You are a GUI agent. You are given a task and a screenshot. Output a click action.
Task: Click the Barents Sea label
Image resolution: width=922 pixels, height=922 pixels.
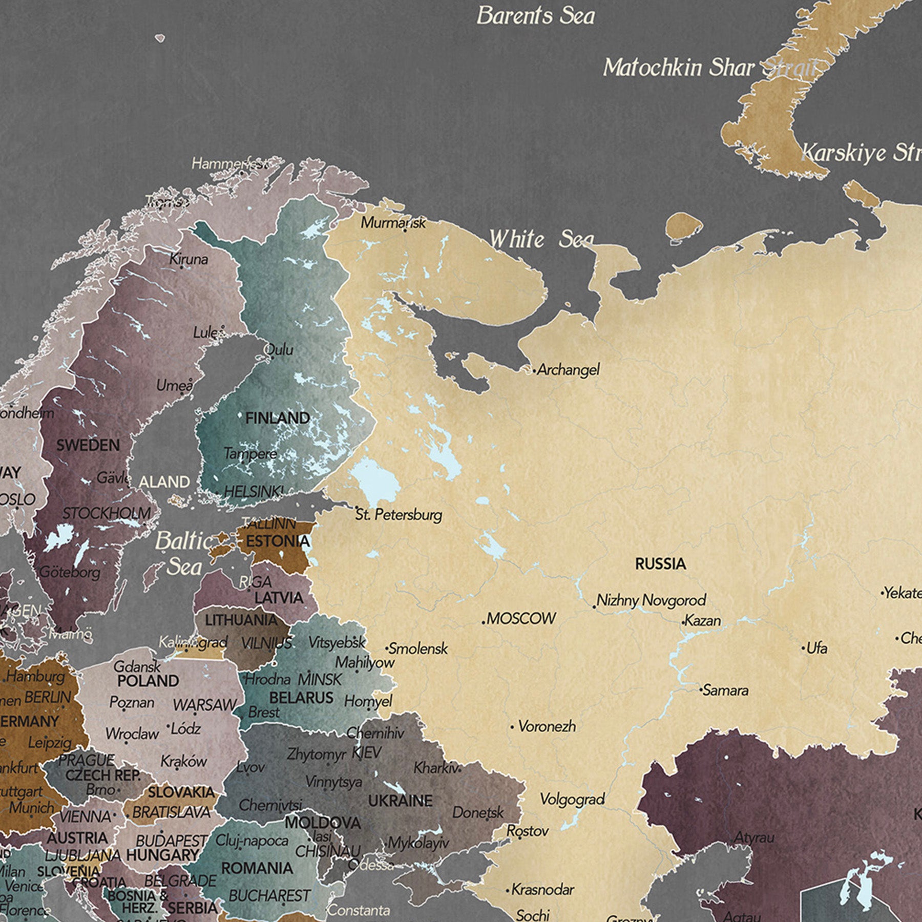point(535,16)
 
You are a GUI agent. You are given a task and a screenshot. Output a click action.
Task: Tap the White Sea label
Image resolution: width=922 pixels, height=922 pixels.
point(541,239)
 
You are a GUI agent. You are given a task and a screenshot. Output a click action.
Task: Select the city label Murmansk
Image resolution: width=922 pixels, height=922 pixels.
point(393,223)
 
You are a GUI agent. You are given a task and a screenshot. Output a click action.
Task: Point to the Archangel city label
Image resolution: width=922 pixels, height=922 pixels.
point(568,369)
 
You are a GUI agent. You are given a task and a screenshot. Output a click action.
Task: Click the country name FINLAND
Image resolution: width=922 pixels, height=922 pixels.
point(277,418)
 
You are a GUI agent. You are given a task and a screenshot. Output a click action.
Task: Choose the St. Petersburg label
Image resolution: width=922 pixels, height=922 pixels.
point(399,515)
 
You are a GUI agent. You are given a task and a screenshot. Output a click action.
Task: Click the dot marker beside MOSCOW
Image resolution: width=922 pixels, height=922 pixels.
point(484,622)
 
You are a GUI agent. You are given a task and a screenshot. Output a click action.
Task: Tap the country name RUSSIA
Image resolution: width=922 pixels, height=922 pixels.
point(660,564)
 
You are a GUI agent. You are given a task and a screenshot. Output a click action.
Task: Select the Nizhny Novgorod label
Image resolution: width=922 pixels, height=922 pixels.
point(651,600)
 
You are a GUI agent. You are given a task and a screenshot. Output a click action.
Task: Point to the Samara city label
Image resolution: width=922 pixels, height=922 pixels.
point(725,690)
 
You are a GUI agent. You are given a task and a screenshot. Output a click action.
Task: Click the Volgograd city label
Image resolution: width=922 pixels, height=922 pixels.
point(572,799)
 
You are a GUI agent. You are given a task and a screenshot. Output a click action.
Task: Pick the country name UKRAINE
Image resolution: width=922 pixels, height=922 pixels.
point(400,801)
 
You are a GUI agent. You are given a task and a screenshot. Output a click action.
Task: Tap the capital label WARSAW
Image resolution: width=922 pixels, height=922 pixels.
point(204,705)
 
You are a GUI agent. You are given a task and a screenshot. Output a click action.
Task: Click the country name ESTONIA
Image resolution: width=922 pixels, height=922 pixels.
point(278,541)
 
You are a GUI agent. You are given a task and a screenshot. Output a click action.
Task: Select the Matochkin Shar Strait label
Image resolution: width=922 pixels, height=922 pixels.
point(708,68)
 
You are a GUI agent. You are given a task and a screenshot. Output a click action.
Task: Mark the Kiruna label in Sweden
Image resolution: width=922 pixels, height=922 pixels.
point(188,259)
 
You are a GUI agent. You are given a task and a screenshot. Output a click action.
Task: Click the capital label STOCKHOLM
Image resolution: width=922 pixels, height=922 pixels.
point(107,513)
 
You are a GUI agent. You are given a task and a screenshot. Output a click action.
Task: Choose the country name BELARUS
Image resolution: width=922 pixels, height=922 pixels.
point(301,698)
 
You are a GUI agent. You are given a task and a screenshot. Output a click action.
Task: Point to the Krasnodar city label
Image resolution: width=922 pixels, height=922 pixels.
point(542,889)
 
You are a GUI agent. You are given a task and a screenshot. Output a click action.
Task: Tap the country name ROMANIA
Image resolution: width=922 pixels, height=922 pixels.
point(257,868)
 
